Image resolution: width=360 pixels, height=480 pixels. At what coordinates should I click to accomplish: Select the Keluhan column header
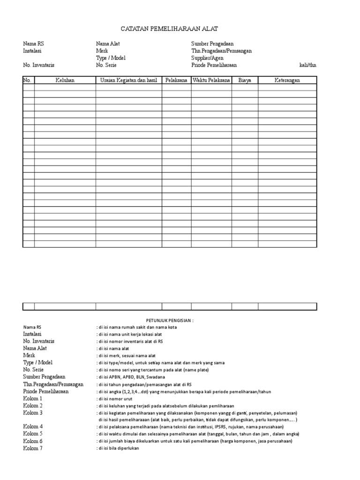pyautogui.click(x=65, y=81)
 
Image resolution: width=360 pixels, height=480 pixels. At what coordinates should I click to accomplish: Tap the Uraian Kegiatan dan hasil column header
pyautogui.click(x=128, y=81)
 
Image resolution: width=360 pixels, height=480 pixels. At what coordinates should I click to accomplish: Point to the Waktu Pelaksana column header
pyautogui.click(x=211, y=81)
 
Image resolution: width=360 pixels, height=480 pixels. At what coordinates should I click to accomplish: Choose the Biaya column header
pyautogui.click(x=244, y=81)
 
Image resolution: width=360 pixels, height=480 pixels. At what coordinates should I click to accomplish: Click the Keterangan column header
pyautogui.click(x=287, y=81)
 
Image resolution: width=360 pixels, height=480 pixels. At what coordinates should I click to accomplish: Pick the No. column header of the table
pyautogui.click(x=28, y=81)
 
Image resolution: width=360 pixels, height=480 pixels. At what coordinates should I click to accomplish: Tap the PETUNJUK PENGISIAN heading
pyautogui.click(x=170, y=320)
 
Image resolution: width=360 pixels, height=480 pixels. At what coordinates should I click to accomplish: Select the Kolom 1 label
pyautogui.click(x=33, y=398)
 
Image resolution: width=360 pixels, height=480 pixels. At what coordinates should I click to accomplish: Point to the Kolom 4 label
pyautogui.click(x=33, y=427)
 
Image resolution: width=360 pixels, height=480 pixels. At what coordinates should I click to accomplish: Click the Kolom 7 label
pyautogui.click(x=33, y=448)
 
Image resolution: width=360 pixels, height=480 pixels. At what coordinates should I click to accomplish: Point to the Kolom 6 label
pyautogui.click(x=33, y=441)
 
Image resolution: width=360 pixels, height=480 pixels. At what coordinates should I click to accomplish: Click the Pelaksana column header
pyautogui.click(x=176, y=81)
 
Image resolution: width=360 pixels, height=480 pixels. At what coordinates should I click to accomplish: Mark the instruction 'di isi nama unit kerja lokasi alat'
pyautogui.click(x=131, y=334)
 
